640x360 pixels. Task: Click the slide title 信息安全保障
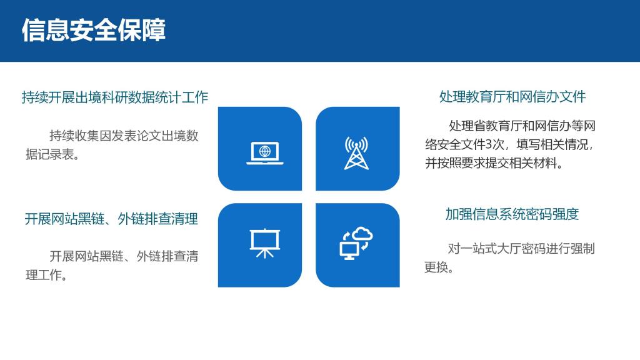(94, 30)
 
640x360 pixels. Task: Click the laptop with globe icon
(265, 153)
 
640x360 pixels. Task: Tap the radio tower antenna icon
(356, 153)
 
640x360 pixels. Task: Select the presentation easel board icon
(265, 243)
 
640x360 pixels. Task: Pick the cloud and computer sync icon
(356, 244)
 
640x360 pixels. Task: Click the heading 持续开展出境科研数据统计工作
(115, 97)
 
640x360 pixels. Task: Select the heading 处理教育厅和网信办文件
(512, 97)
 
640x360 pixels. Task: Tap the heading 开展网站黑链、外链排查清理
(111, 219)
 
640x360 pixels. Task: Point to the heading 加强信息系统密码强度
(512, 214)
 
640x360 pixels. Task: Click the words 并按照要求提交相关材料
(491, 163)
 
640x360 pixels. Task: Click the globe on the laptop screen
(265, 151)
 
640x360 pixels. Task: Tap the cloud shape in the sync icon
(362, 234)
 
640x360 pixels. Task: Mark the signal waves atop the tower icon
(356, 144)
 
